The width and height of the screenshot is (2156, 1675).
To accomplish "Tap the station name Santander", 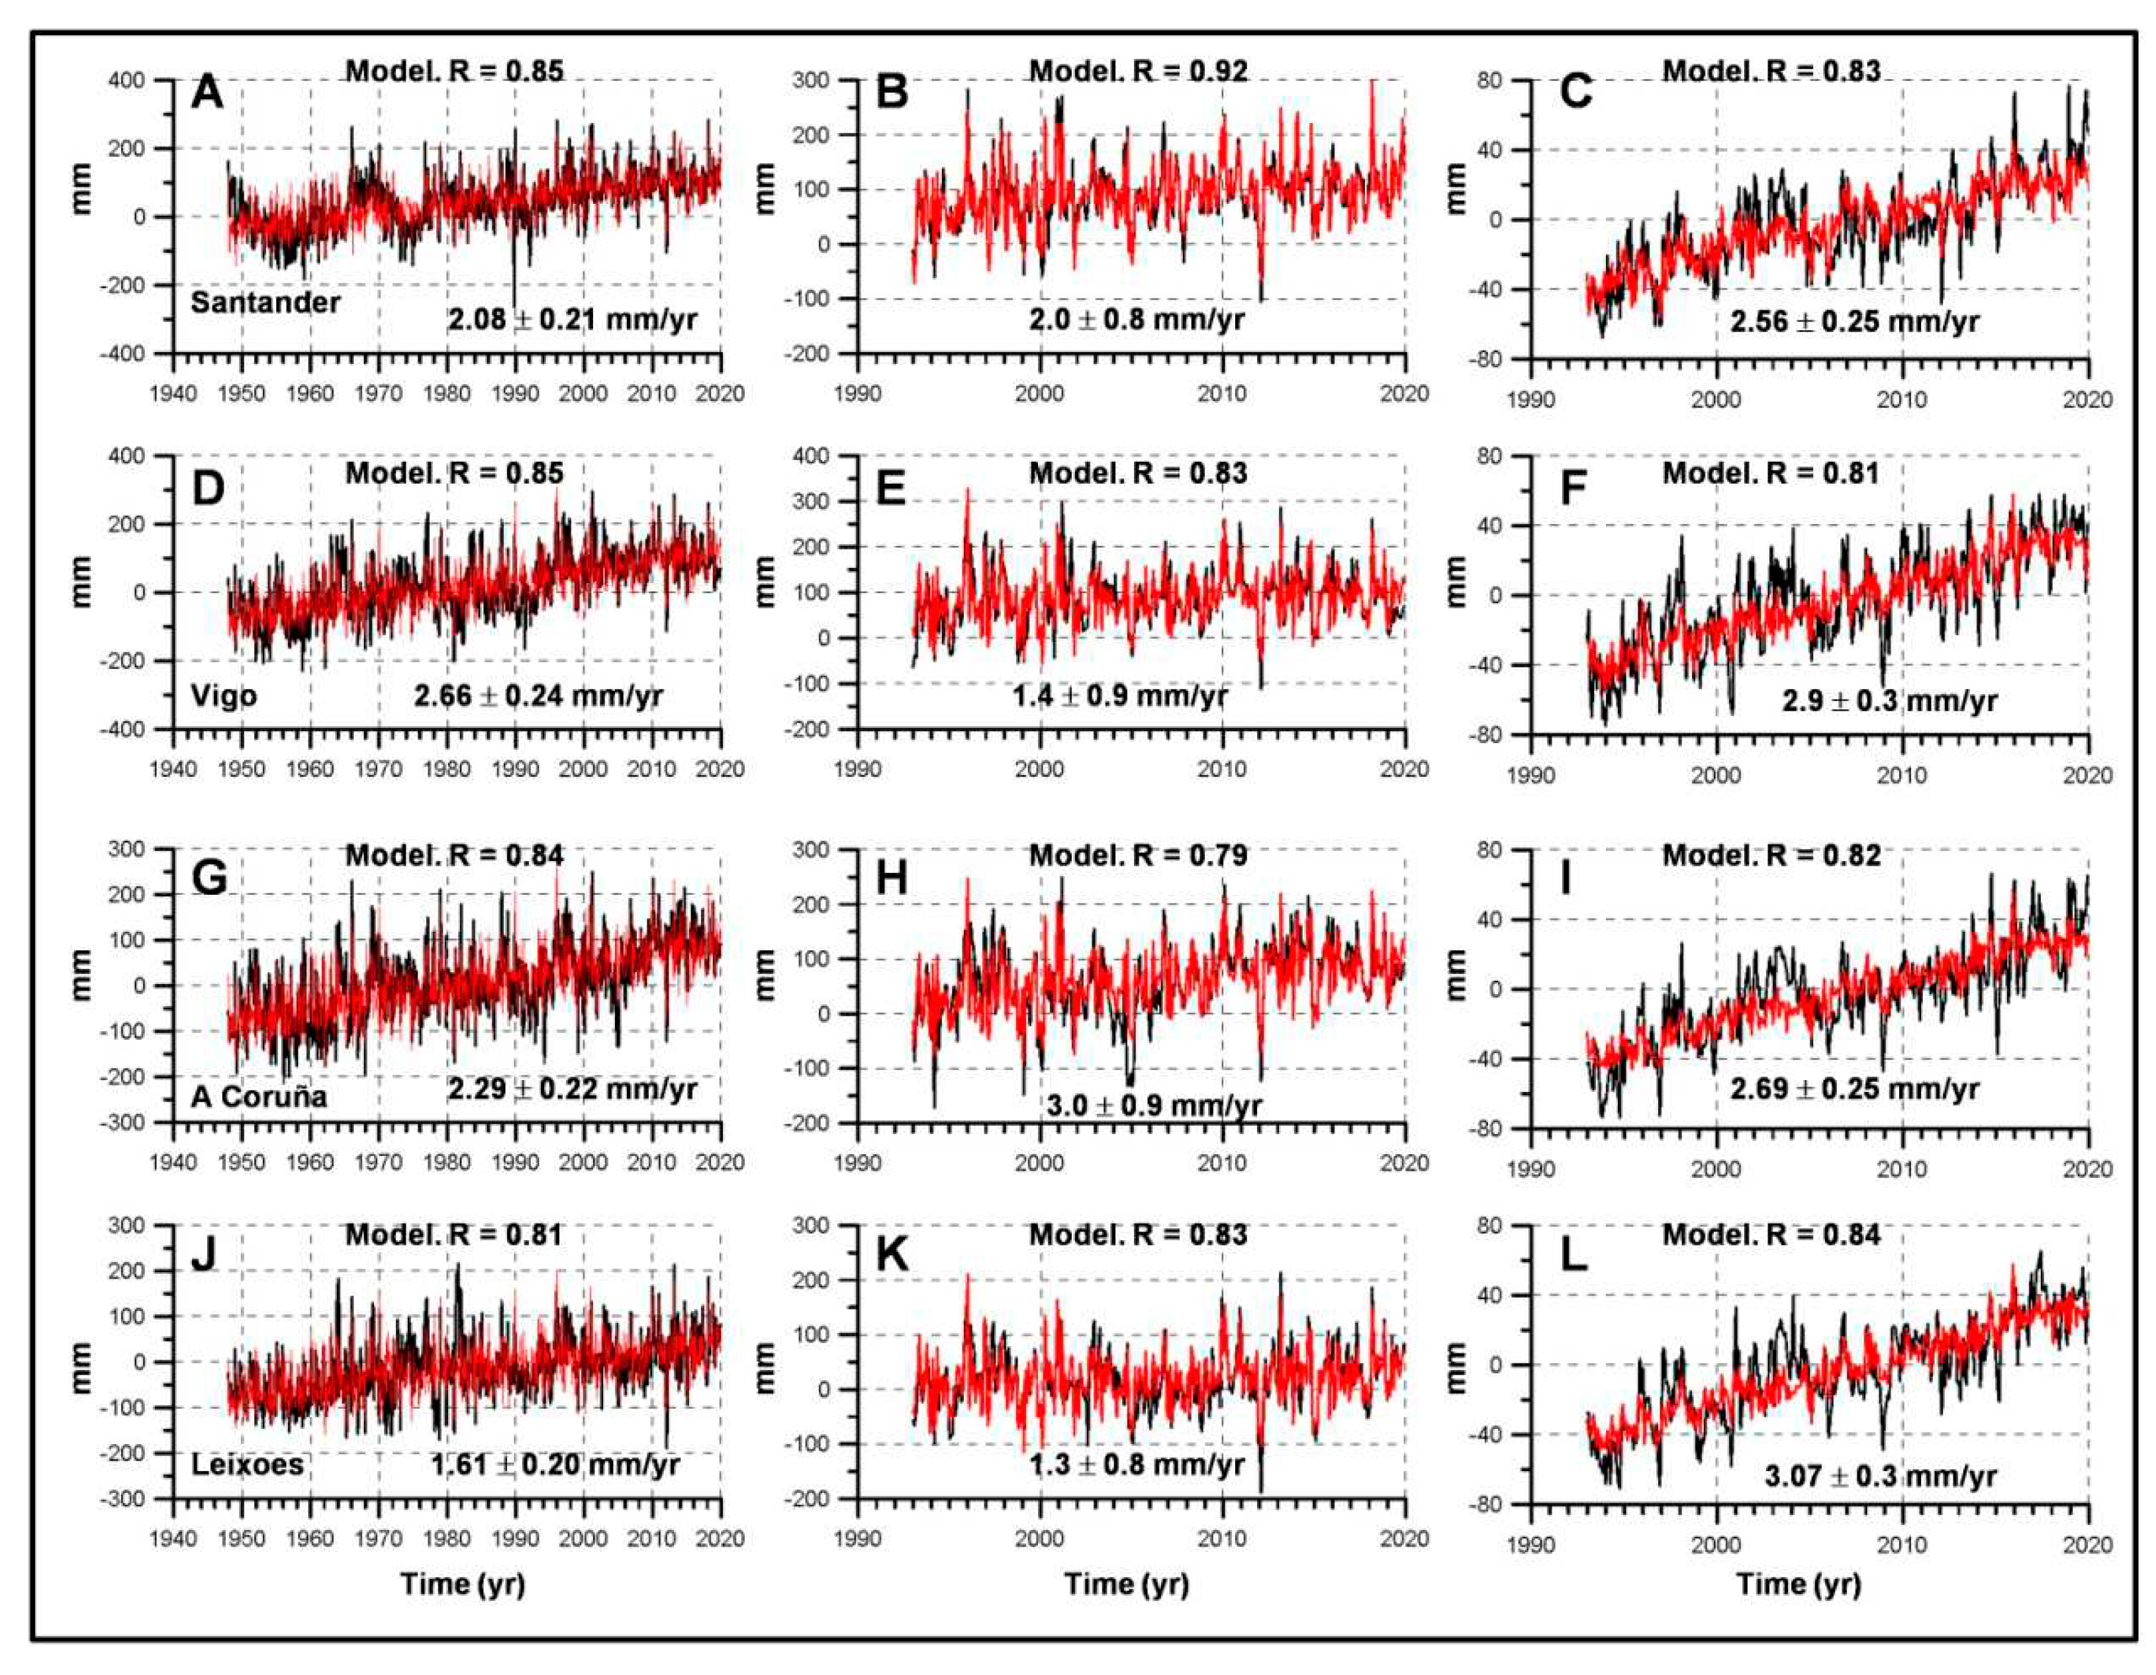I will click(265, 302).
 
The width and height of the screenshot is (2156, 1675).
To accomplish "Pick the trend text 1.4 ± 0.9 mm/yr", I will click(1119, 696).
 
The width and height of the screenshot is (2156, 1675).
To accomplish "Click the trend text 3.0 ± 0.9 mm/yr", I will click(1153, 1105).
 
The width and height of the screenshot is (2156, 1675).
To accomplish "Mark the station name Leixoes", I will click(247, 1464).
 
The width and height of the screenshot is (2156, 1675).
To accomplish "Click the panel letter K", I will click(892, 1255).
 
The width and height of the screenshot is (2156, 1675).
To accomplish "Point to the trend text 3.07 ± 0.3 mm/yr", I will click(1881, 1476).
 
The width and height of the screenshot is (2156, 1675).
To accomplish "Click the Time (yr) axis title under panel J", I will click(462, 1584).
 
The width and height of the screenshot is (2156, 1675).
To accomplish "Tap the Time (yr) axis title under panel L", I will click(1799, 1584).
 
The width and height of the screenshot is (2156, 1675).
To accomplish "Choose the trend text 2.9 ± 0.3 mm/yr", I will click(1889, 701).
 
